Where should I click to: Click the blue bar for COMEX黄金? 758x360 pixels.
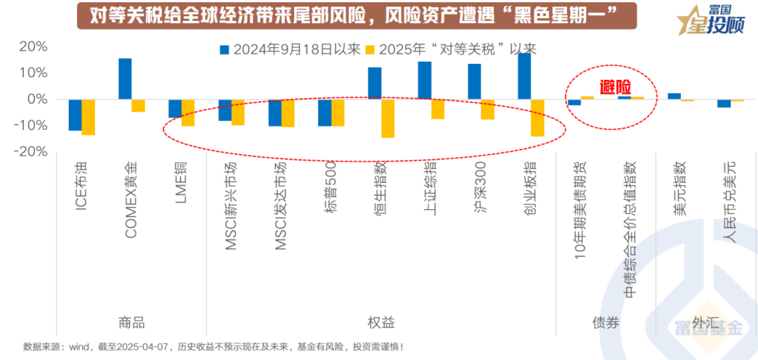coord(125,79)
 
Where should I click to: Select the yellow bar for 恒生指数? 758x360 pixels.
coord(388,118)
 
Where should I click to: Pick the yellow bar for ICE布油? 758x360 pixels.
coord(88,116)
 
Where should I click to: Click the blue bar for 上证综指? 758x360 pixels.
coord(425,80)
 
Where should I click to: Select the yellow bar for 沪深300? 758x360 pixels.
coord(488,109)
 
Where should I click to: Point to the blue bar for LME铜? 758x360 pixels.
coord(175,108)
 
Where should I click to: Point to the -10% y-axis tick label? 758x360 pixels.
coord(31,126)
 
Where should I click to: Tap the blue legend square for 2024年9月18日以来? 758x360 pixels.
coord(225,50)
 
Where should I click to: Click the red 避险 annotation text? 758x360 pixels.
coord(615,88)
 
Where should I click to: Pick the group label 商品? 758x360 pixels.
coord(131,323)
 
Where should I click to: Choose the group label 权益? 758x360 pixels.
coord(381,323)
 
